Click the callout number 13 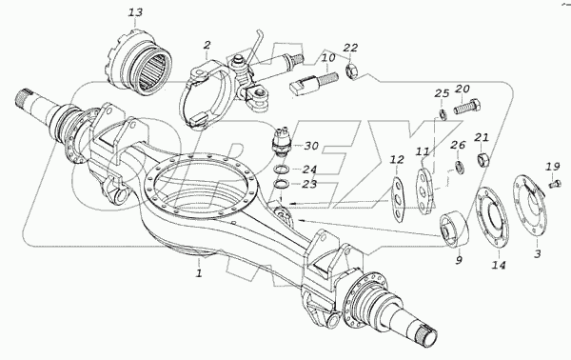pos(135,12)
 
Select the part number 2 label pos(207,46)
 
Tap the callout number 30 pos(311,146)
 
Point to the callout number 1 pos(199,273)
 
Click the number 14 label pos(498,265)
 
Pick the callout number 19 pos(552,167)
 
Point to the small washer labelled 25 pos(442,114)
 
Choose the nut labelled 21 pos(482,159)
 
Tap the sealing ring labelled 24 pos(282,170)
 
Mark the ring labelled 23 pos(282,184)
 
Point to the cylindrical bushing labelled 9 pos(454,229)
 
